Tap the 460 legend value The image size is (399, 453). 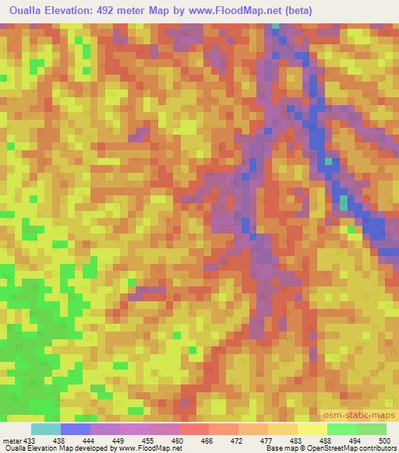pyautogui.click(x=178, y=440)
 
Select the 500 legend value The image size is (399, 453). pyautogui.click(x=384, y=440)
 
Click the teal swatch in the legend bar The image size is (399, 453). pyautogui.click(x=45, y=429)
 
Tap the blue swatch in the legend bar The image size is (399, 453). pyautogui.click(x=75, y=429)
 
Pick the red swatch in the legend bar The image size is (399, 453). pyautogui.click(x=193, y=429)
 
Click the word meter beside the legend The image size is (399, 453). pyautogui.click(x=12, y=440)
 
